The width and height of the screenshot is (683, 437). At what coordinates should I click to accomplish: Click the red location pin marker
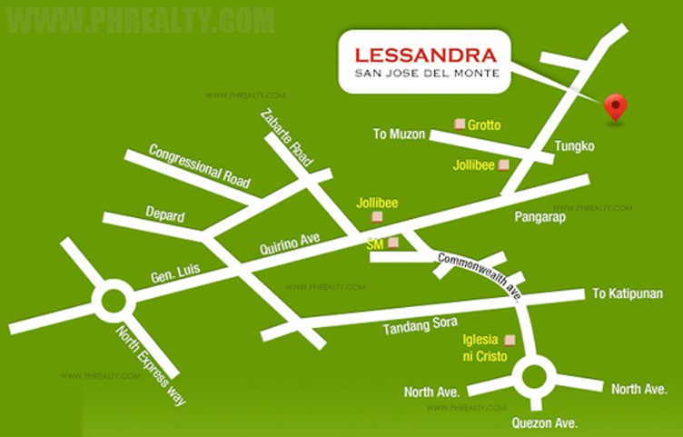[617, 106]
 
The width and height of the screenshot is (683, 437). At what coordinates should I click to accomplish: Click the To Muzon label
[399, 134]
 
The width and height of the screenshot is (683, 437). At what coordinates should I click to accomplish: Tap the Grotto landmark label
[484, 124]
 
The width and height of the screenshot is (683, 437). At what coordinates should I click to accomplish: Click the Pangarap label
[541, 217]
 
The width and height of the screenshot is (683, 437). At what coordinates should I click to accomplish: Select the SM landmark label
[374, 244]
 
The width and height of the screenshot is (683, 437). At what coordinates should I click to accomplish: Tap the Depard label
[164, 214]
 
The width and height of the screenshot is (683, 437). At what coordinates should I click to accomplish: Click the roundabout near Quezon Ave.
[533, 376]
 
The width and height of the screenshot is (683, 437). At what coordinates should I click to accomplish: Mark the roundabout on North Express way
[113, 300]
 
